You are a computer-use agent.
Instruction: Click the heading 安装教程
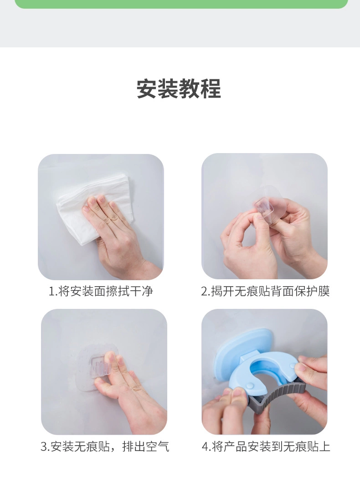click(179, 89)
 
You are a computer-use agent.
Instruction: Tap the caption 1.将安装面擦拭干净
click(101, 291)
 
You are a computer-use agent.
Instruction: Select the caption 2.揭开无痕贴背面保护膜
click(265, 291)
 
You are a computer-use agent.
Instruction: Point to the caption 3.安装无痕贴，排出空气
click(105, 446)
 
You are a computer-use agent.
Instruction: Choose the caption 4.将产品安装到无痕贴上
click(266, 446)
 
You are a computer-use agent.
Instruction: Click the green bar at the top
click(181, 4)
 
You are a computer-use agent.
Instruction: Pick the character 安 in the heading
click(147, 89)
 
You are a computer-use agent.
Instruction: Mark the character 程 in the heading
click(211, 89)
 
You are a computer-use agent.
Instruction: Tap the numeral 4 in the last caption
click(206, 447)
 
